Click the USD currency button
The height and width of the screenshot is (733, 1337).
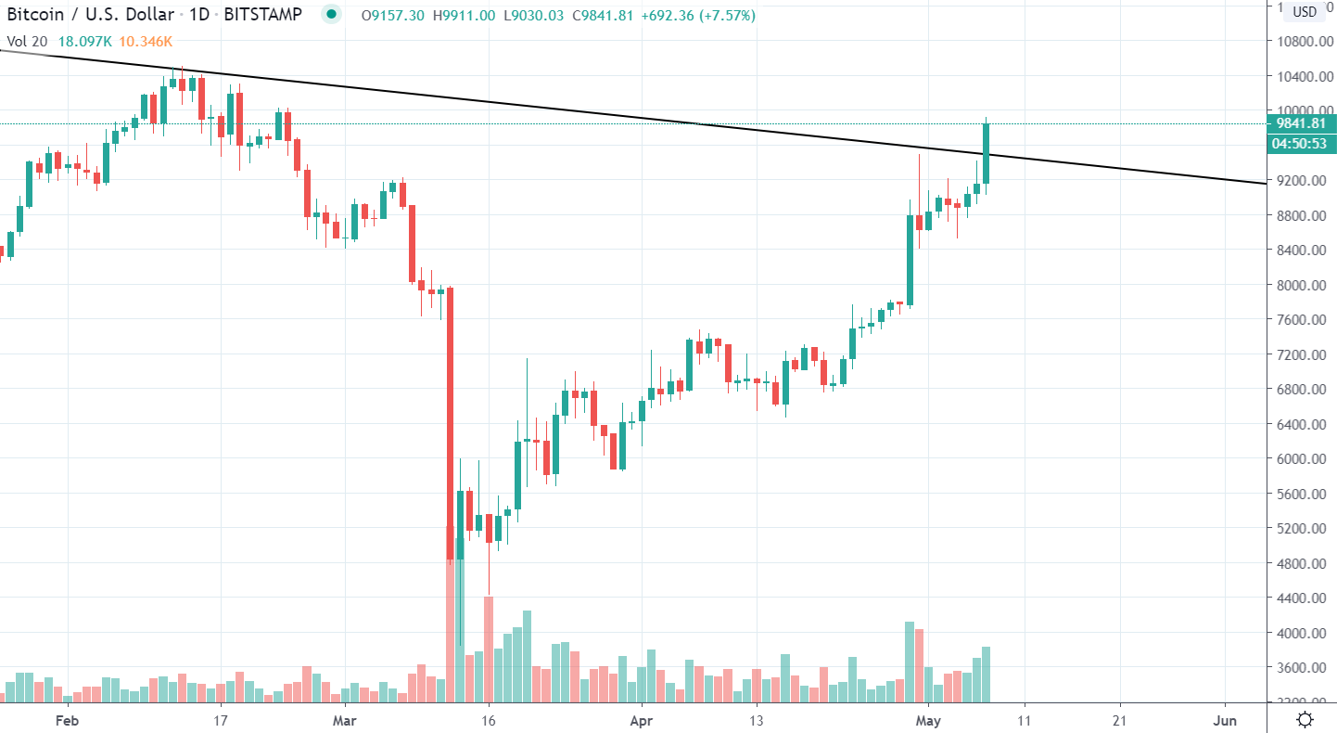pyautogui.click(x=1304, y=12)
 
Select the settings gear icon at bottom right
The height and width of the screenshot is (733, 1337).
pyautogui.click(x=1305, y=719)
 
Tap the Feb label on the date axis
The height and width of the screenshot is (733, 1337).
pyautogui.click(x=64, y=720)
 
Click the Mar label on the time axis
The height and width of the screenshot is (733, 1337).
pyautogui.click(x=344, y=720)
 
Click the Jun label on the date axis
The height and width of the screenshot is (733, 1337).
pyautogui.click(x=1225, y=720)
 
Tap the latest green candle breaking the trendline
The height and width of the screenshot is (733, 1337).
pyautogui.click(x=987, y=153)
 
